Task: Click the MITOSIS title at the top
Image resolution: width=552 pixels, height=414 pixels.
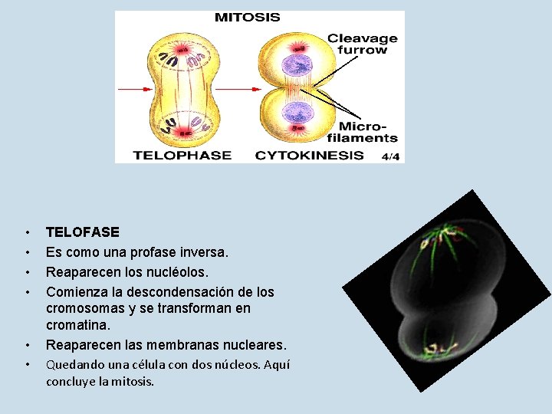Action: (x=247, y=16)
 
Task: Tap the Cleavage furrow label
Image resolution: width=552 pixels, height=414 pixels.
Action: (x=363, y=44)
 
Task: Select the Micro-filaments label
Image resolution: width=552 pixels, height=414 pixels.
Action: (x=368, y=131)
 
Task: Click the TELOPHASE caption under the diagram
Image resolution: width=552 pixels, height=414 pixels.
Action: (x=182, y=155)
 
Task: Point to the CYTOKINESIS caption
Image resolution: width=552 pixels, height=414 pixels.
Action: (x=310, y=155)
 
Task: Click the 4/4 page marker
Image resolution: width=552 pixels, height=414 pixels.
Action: (x=390, y=156)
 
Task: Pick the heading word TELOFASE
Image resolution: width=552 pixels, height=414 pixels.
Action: (x=83, y=232)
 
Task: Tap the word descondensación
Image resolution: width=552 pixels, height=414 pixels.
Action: (x=179, y=292)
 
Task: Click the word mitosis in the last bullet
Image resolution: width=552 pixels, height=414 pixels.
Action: (x=133, y=381)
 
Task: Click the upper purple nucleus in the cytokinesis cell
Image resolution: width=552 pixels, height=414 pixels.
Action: (x=294, y=66)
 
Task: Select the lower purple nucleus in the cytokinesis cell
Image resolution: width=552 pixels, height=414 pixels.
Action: (x=294, y=113)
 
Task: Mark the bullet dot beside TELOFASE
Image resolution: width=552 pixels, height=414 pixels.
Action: (x=27, y=232)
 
